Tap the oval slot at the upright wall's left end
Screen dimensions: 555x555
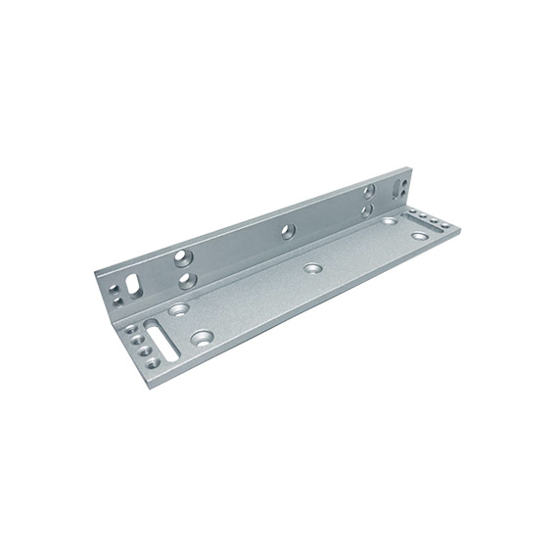pos(135,285)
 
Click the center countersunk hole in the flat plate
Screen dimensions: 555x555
pos(313,268)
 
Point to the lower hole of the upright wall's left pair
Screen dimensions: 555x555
pos(186,280)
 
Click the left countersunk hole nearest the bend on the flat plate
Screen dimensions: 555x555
pos(179,309)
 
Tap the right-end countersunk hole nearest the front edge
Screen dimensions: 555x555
pos(420,235)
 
